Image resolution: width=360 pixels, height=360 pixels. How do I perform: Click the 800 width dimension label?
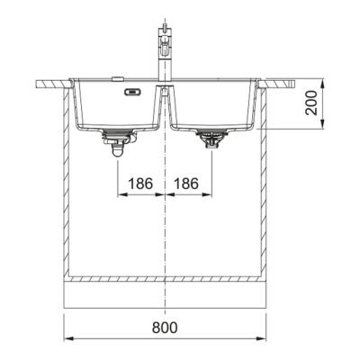[x=165, y=328]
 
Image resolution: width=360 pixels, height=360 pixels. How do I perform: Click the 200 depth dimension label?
[x=311, y=103]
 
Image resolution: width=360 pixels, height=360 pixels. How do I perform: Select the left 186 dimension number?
[x=140, y=184]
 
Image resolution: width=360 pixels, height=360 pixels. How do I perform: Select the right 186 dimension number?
[x=186, y=184]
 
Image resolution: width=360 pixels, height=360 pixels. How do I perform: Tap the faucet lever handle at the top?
[x=164, y=30]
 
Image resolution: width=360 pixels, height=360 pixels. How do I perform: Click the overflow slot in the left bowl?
[x=131, y=92]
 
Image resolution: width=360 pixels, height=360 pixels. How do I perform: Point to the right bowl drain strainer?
[x=211, y=139]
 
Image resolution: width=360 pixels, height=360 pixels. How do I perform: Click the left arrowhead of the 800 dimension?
[x=68, y=338]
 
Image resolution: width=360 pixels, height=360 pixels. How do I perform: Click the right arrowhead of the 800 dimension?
[x=262, y=338]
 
